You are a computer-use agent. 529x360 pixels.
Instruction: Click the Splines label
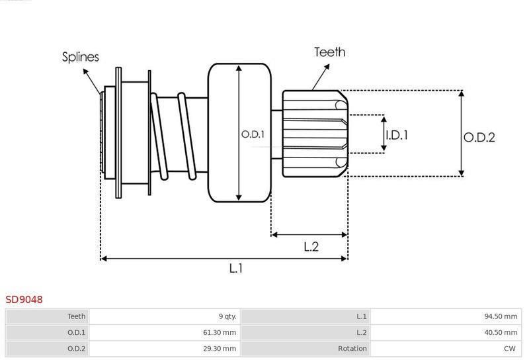(x=80, y=57)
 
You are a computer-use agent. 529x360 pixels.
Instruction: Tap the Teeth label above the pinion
(x=329, y=52)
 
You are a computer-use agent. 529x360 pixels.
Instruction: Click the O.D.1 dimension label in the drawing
(x=253, y=134)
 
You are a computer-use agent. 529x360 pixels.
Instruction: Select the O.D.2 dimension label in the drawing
(x=479, y=138)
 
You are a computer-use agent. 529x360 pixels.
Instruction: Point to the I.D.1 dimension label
(x=397, y=135)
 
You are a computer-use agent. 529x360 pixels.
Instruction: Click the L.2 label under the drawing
(x=311, y=247)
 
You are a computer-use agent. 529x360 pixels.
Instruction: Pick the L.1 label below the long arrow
(x=236, y=269)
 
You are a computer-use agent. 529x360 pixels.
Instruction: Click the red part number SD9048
(x=24, y=300)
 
